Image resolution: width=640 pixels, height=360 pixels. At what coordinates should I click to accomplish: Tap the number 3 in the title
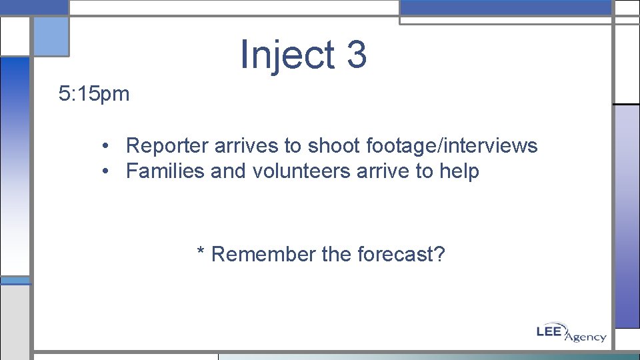(x=357, y=54)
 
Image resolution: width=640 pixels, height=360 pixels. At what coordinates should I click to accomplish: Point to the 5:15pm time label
(x=94, y=94)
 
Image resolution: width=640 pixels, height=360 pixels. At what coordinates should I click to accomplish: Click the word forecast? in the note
(x=401, y=254)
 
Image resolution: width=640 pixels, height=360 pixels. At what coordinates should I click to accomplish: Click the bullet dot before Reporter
(x=106, y=146)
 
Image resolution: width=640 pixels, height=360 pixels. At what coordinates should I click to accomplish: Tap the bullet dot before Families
(x=106, y=172)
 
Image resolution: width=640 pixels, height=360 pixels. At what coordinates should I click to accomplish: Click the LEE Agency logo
(x=571, y=333)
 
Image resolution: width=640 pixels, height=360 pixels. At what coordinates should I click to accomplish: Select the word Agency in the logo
(x=586, y=337)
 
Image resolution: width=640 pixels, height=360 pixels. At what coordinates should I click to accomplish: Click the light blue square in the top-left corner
(x=51, y=37)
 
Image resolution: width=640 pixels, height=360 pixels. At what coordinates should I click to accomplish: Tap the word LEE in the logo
(x=551, y=330)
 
